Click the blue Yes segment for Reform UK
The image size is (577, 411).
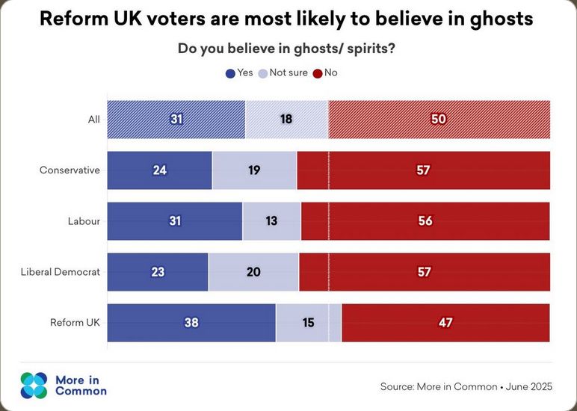191,323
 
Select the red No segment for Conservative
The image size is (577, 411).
423,170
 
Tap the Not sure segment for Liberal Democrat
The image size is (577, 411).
253,272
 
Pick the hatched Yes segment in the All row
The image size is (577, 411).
176,120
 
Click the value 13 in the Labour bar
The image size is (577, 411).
271,221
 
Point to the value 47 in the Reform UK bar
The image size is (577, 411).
445,323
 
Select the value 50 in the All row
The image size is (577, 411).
439,120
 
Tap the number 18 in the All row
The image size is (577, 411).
286,120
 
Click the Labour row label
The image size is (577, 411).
83,221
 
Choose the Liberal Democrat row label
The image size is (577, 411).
60,272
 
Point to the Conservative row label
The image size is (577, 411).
70,170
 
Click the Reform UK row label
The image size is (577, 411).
75,323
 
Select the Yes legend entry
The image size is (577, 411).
239,72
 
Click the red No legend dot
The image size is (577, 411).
318,73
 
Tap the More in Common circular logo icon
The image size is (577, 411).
34,385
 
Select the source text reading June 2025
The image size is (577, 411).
528,386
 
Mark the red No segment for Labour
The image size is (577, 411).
425,221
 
